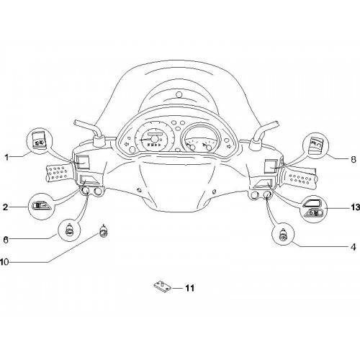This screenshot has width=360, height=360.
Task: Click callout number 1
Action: click(6, 158)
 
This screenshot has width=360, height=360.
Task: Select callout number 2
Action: click(5, 207)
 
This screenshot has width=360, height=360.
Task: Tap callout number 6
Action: click(6, 239)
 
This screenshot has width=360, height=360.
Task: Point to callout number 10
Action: click(4, 262)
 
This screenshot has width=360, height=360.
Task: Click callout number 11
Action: click(189, 288)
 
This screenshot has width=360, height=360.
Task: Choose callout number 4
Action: click(354, 247)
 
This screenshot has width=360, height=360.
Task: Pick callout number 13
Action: click(356, 207)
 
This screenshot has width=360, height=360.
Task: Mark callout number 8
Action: click(354, 160)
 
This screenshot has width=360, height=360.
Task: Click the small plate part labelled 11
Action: click(163, 287)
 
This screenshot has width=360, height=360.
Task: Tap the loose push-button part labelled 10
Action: click(104, 231)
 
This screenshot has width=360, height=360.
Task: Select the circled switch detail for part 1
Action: click(40, 140)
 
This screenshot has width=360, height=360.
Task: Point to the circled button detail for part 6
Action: click(69, 230)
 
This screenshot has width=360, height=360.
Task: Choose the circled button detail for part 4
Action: click(283, 234)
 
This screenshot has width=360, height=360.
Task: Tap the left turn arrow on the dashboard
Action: click(125, 145)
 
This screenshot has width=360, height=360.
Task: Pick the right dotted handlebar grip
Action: click(300, 179)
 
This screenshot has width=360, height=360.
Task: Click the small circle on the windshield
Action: click(179, 94)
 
